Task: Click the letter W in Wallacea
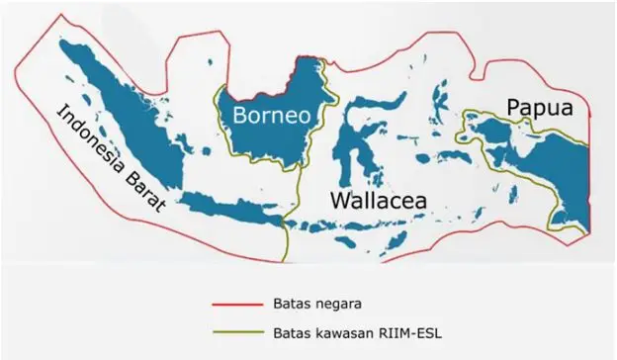pos(339,201)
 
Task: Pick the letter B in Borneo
pos(240,116)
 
